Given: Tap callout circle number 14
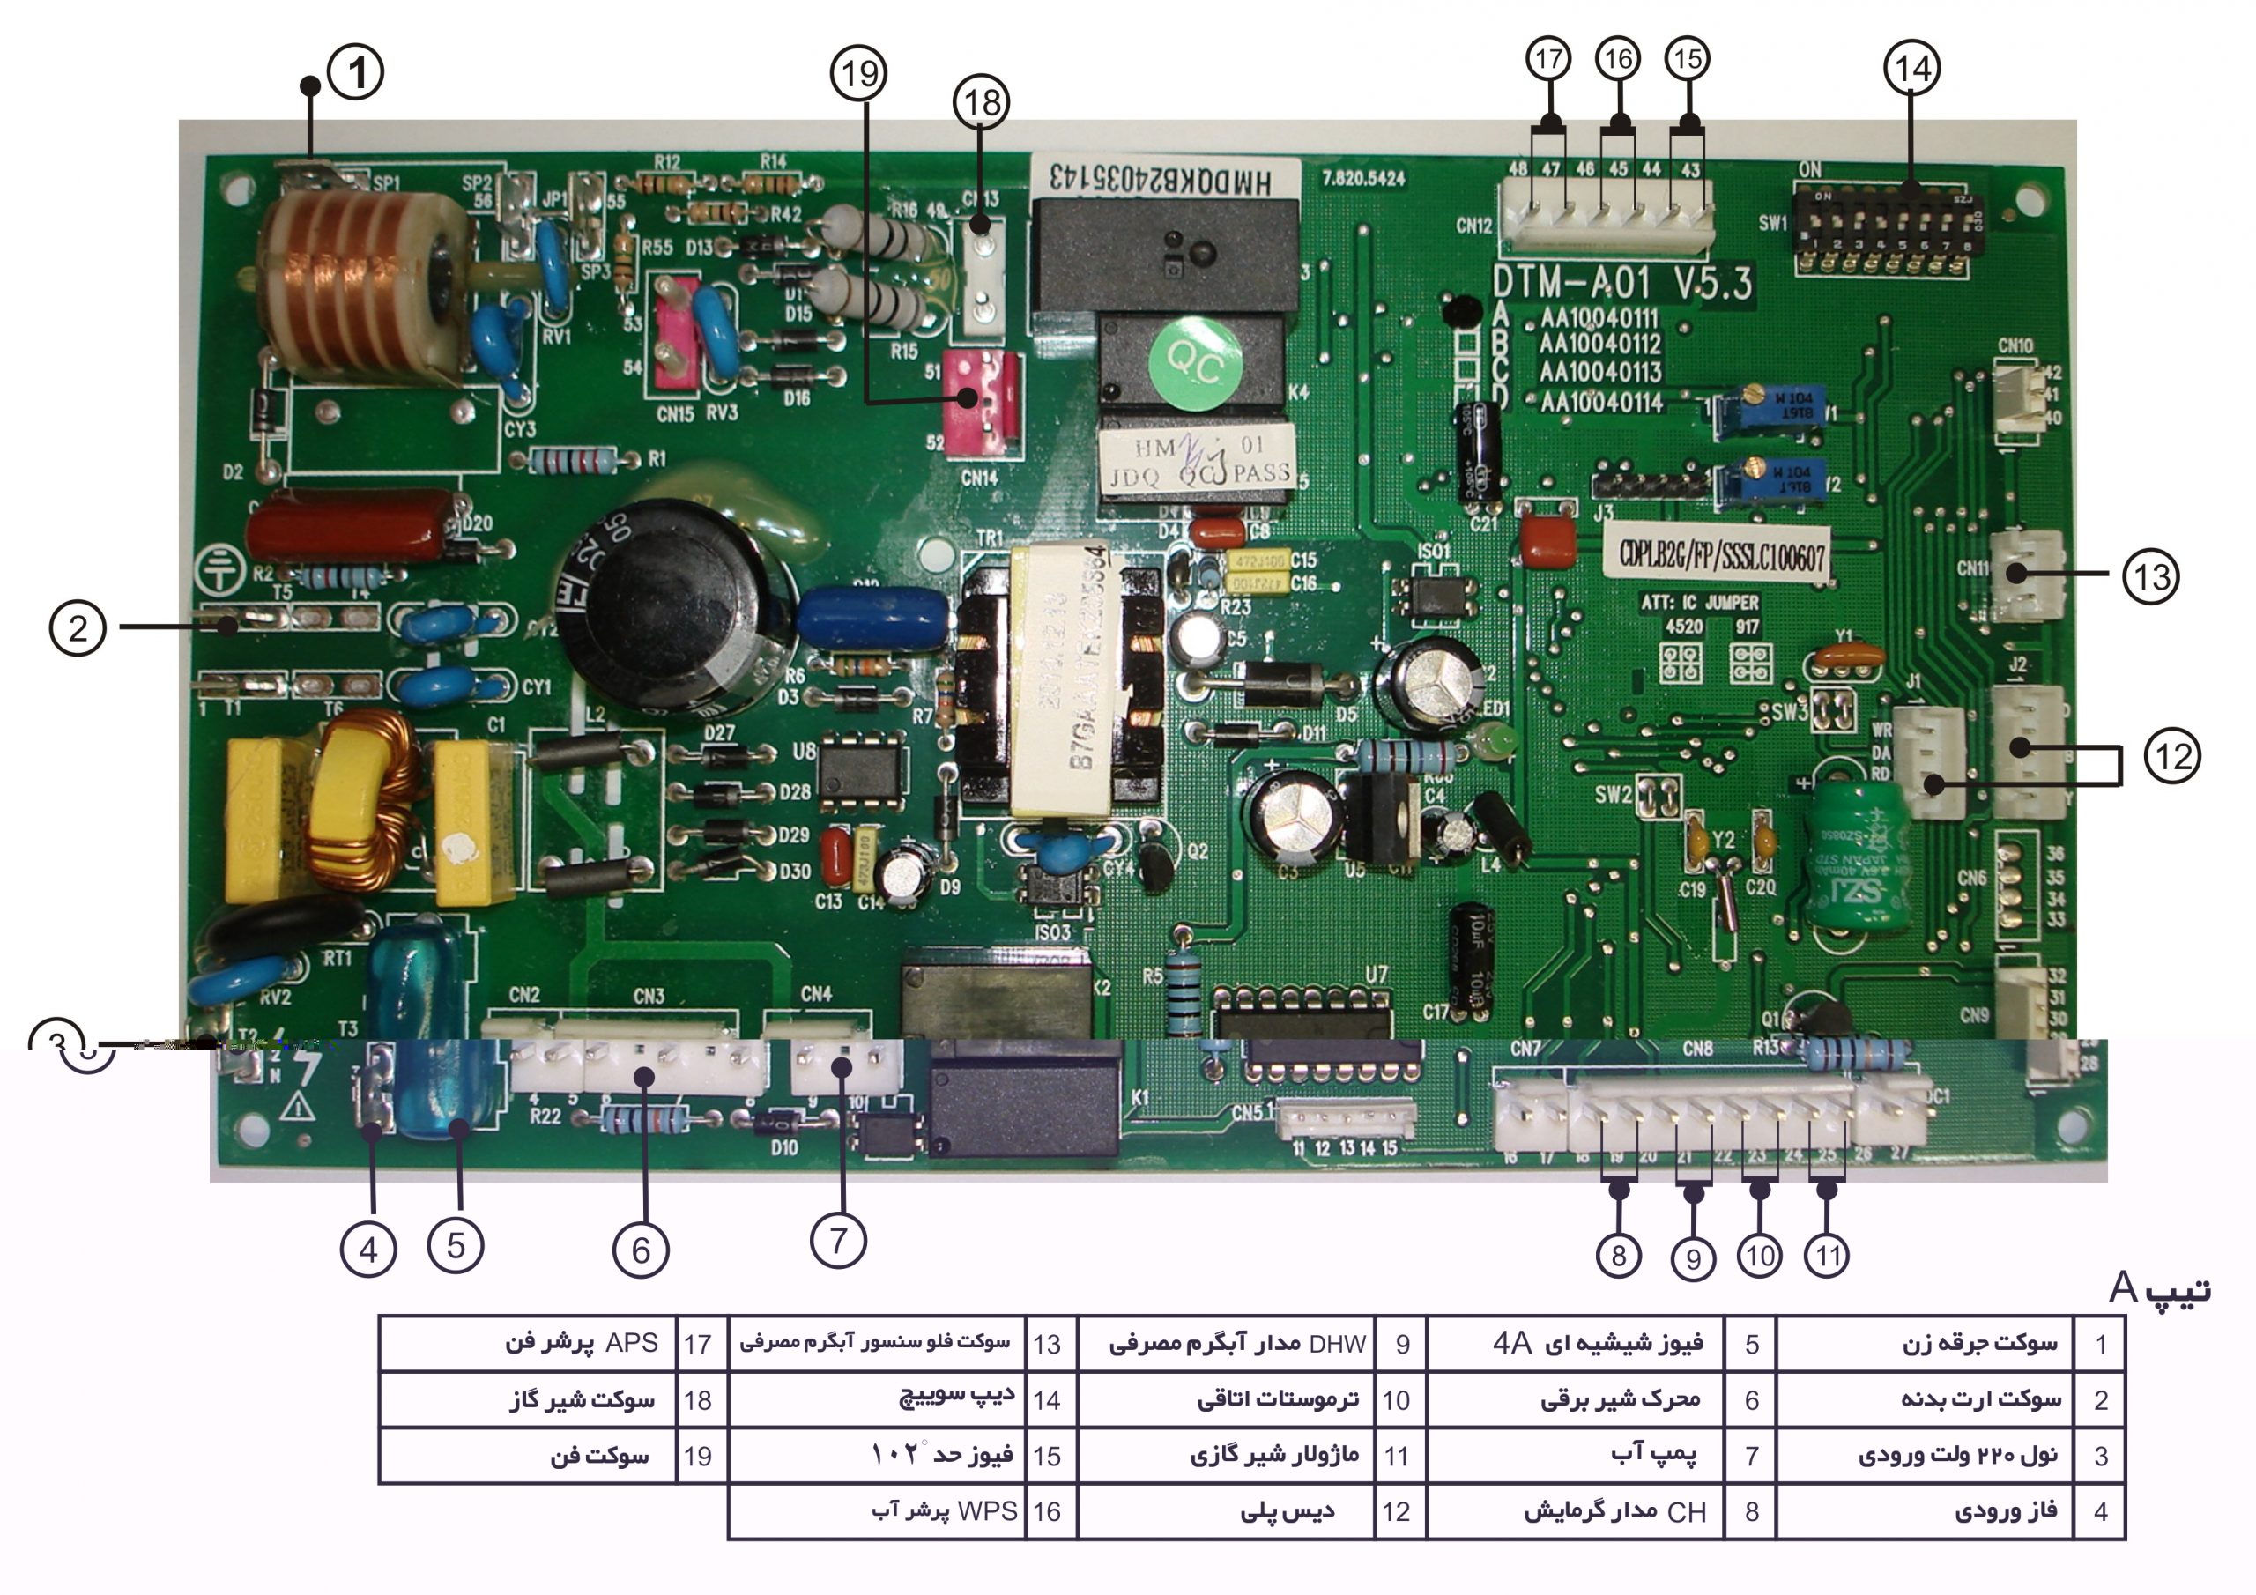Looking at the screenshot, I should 1911,69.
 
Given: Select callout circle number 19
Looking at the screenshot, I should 858,73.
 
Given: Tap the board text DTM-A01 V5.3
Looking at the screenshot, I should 1621,283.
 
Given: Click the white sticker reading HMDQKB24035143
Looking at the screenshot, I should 1165,178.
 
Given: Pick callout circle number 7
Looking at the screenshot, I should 837,1240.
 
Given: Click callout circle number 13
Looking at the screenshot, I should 2150,576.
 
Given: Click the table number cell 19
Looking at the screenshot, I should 698,1456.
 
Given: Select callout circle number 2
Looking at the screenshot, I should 78,627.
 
